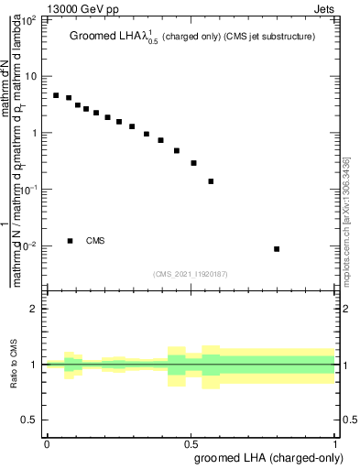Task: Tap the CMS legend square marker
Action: (x=70, y=241)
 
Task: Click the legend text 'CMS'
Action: (x=95, y=241)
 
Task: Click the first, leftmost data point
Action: (x=56, y=95)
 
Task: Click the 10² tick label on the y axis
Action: (x=30, y=18)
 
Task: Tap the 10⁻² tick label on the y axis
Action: (x=30, y=245)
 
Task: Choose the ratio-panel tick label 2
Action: (x=35, y=309)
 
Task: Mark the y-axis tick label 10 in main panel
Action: (x=32, y=76)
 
